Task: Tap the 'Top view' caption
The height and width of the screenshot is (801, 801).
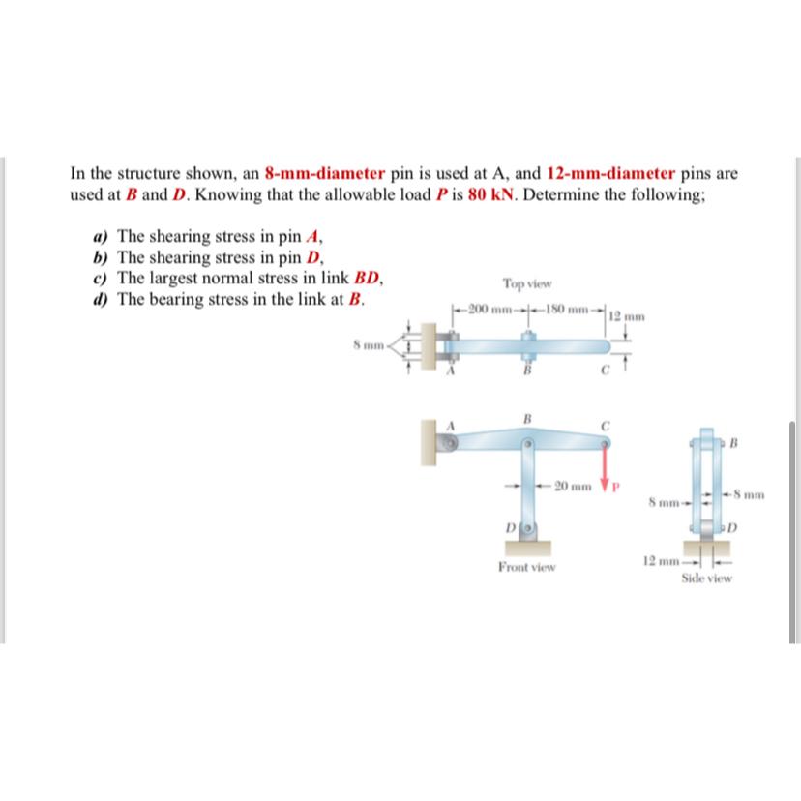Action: click(x=526, y=283)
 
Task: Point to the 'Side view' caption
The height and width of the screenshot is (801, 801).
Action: click(x=706, y=578)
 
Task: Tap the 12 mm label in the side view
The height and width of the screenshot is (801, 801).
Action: click(x=659, y=561)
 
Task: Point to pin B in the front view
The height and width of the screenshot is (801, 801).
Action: click(x=527, y=444)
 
